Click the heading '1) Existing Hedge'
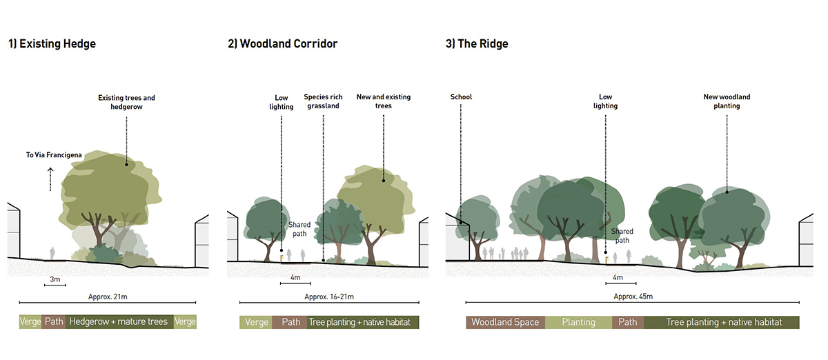[52, 44]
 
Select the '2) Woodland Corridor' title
[283, 44]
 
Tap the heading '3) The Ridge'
[477, 44]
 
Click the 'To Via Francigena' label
[54, 155]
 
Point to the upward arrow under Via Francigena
[50, 180]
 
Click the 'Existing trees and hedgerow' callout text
[126, 103]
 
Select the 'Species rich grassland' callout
[323, 101]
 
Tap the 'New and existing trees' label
[383, 101]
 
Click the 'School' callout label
[461, 97]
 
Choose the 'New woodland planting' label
[727, 101]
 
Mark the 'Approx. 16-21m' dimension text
[328, 297]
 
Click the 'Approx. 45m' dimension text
[633, 297]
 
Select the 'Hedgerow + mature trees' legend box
[119, 322]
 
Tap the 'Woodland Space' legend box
[505, 322]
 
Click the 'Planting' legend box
[578, 322]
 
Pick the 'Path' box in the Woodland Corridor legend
[290, 322]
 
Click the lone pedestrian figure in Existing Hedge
[52, 253]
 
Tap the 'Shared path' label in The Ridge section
[622, 236]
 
